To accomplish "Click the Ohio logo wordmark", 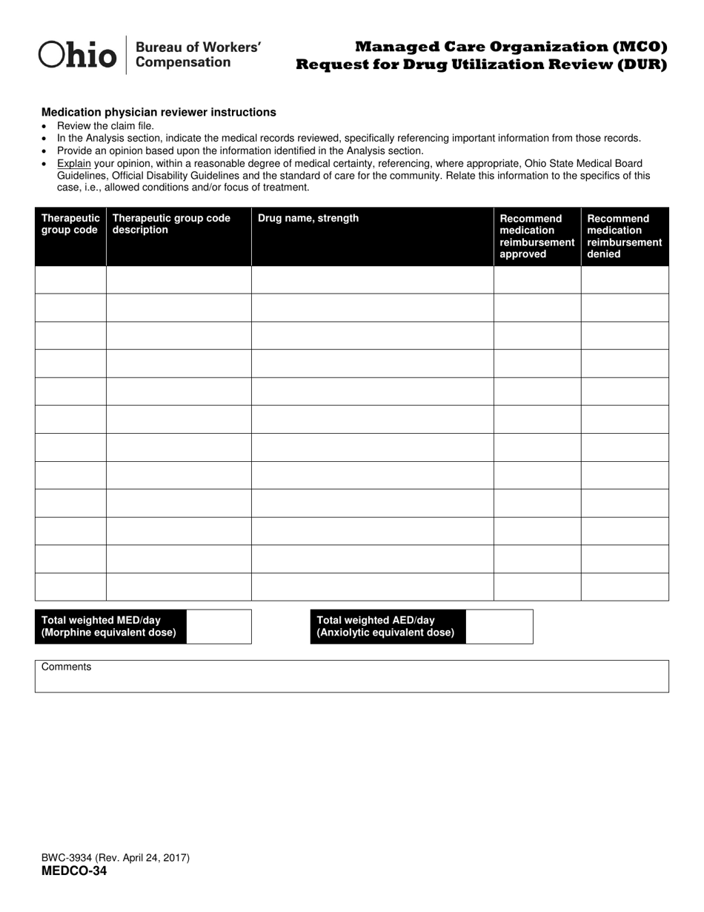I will (x=77, y=55).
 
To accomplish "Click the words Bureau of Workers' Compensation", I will (x=198, y=55).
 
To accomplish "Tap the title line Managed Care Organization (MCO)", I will (x=511, y=47).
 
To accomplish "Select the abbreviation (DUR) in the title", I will (x=639, y=65).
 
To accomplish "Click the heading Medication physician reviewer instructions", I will (x=159, y=113).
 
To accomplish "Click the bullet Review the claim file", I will (x=105, y=126).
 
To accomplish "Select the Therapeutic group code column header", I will (x=70, y=224).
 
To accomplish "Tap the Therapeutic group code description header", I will (x=171, y=224).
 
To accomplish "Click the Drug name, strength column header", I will (x=308, y=218).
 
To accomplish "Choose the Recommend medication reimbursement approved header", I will (x=537, y=236).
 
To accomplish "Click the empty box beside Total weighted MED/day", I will (x=219, y=627).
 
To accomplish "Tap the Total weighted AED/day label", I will (x=386, y=627).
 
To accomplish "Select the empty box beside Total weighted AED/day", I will (x=499, y=627).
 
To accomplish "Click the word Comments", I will (x=67, y=667).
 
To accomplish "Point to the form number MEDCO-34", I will (x=74, y=871).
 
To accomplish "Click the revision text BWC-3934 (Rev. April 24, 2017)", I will (x=116, y=858).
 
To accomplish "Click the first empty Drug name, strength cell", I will (x=372, y=280).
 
